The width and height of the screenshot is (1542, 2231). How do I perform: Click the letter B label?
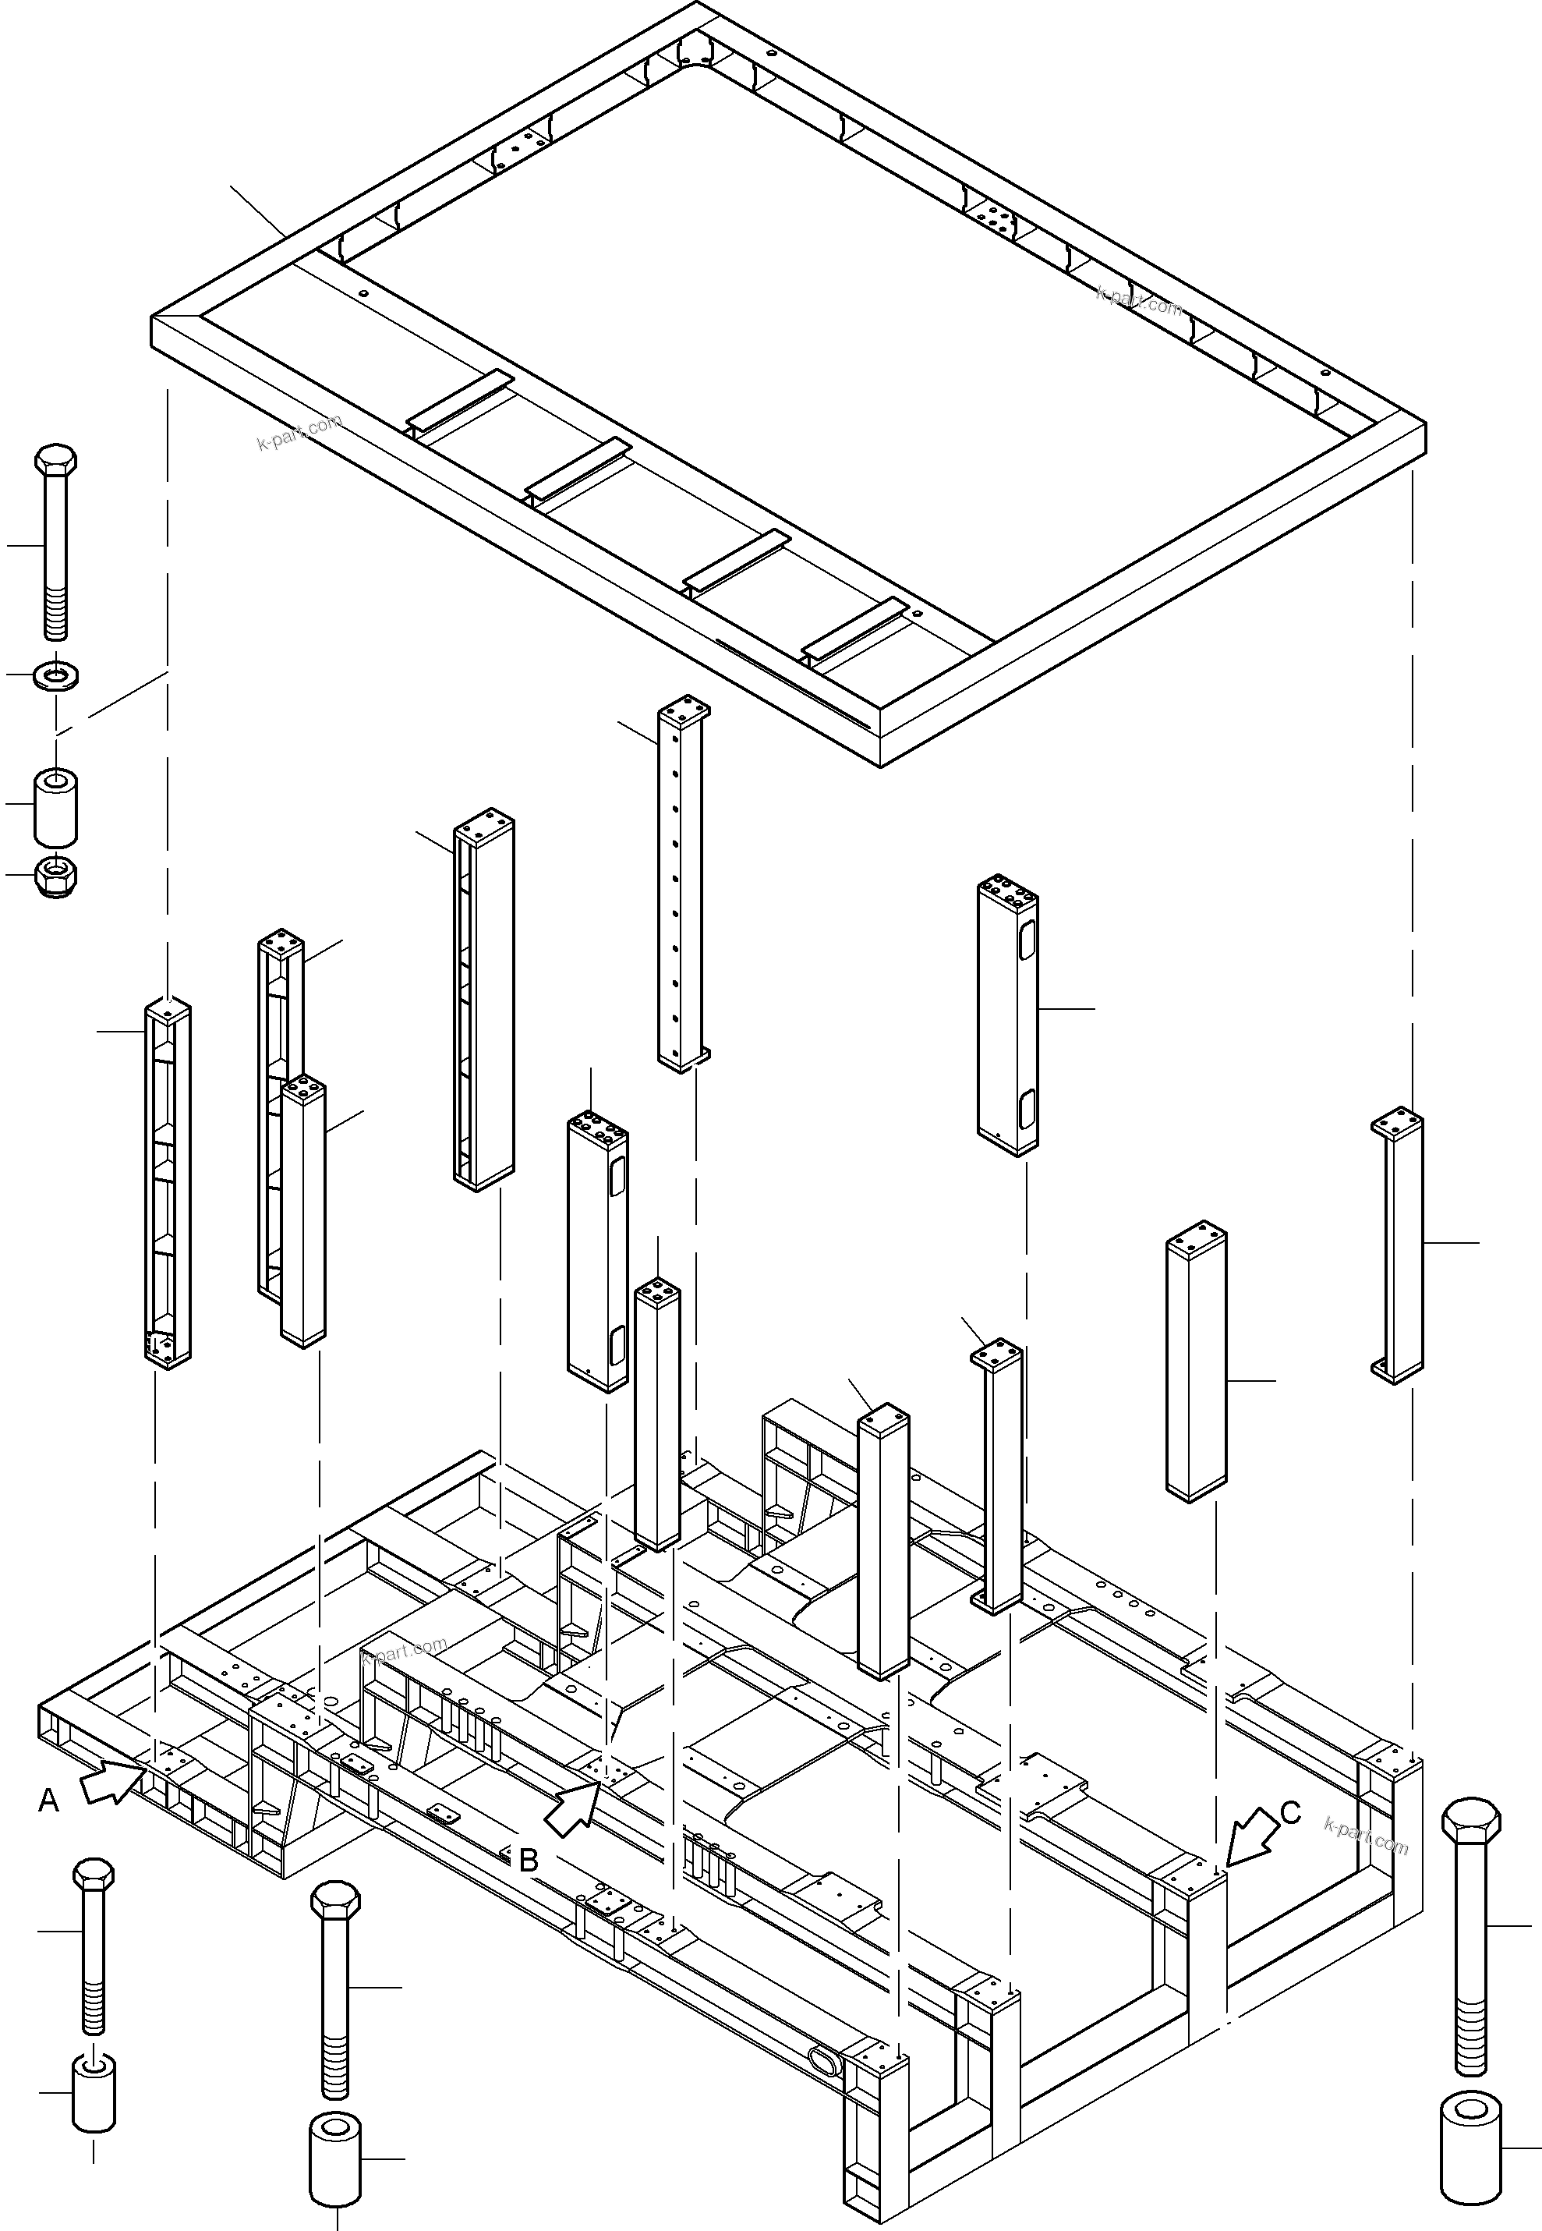point(529,1860)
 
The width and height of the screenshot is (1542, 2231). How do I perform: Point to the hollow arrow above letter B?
point(577,1807)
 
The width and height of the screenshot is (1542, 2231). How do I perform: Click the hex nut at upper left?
point(56,876)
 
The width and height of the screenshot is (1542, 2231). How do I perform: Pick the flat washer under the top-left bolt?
point(56,675)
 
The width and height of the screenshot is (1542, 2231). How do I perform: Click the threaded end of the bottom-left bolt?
point(94,2006)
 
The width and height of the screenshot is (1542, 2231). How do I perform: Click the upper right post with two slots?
point(1008,1015)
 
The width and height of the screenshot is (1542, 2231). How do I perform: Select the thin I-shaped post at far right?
point(1398,1246)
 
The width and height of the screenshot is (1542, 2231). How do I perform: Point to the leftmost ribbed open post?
point(168,1184)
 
